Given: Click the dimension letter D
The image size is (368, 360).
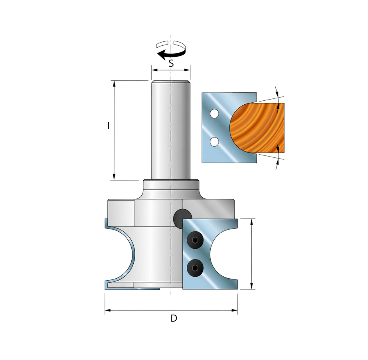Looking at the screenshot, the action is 174,318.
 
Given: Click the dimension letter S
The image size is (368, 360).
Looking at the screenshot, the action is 171,63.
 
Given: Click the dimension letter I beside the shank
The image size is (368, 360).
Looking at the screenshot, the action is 108,126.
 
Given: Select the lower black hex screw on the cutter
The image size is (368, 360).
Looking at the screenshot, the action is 195,267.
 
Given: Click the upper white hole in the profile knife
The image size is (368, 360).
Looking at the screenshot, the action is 214,114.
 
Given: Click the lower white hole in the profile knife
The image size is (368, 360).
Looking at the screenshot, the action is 214,141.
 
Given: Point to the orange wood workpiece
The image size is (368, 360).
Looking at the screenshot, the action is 258,128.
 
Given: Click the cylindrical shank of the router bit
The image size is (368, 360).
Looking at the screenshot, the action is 171,130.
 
